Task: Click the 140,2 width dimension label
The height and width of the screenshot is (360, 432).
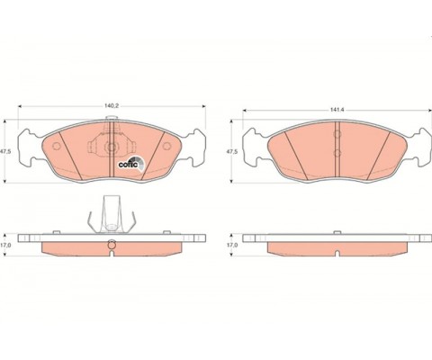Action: click(x=112, y=106)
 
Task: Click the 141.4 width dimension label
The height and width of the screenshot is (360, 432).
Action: click(x=337, y=110)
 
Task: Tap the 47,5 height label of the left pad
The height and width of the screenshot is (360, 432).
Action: click(x=5, y=152)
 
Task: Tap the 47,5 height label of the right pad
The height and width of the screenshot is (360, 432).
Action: click(x=232, y=152)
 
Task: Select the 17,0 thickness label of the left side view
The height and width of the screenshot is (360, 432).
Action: click(x=5, y=245)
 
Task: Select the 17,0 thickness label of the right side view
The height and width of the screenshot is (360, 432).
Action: click(x=232, y=245)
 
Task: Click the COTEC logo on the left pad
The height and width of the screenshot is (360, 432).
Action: click(x=131, y=164)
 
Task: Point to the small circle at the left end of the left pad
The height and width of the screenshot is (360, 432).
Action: click(x=57, y=146)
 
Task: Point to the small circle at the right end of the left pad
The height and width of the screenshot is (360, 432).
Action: click(x=166, y=146)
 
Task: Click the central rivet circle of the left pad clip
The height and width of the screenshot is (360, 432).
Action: click(x=112, y=148)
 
